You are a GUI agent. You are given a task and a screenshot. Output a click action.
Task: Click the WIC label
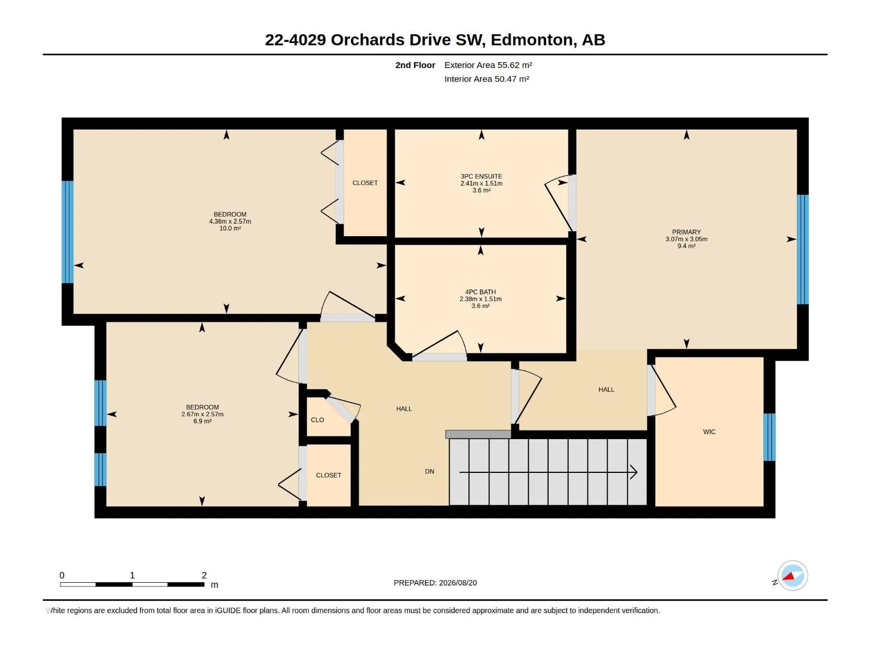tap(709, 432)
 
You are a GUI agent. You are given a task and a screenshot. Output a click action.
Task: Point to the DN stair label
tap(430, 471)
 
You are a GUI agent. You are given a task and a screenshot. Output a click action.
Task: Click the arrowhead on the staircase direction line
tap(634, 472)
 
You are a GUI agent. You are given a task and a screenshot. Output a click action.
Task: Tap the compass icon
tap(792, 576)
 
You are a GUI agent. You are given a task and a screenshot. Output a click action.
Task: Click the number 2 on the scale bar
tap(204, 575)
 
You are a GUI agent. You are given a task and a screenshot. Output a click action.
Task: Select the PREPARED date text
tap(436, 583)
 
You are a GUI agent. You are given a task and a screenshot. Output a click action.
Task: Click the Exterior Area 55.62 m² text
tap(488, 65)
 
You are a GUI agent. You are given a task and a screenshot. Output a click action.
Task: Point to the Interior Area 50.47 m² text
tap(487, 79)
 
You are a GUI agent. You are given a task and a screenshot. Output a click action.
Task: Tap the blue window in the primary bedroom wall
tap(803, 249)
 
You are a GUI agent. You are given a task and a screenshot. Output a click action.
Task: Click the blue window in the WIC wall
tap(769, 437)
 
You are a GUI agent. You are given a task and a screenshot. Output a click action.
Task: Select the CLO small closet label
tap(317, 420)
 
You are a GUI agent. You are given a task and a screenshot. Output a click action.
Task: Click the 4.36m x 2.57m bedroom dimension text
tap(230, 221)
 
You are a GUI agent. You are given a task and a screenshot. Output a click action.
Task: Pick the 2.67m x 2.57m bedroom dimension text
tap(203, 414)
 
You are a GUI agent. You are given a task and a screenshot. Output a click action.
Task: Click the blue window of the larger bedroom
tap(68, 232)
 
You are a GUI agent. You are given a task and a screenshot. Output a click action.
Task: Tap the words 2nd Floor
tap(415, 65)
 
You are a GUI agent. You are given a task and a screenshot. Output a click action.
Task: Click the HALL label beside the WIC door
tap(606, 390)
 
